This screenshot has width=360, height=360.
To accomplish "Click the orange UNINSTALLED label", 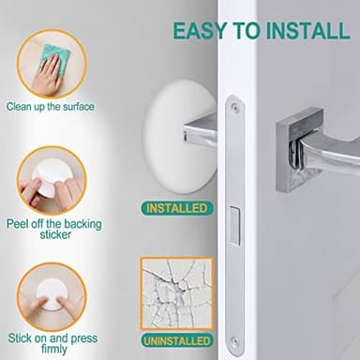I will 175,339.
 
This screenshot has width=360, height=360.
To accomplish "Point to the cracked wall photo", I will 175,292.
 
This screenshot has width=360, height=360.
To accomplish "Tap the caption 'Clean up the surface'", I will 50,107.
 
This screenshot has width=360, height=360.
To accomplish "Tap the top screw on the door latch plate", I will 234,108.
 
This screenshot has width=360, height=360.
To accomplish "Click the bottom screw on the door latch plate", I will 233,340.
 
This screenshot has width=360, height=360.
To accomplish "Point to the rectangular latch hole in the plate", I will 233,225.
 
